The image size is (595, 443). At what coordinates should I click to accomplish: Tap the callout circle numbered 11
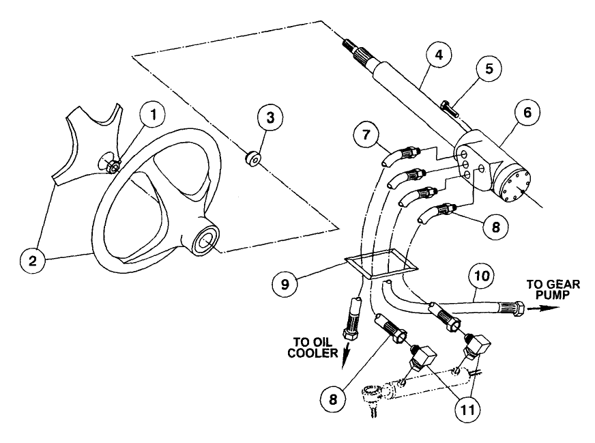tap(465, 410)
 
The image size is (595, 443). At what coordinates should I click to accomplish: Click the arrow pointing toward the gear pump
tap(547, 308)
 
